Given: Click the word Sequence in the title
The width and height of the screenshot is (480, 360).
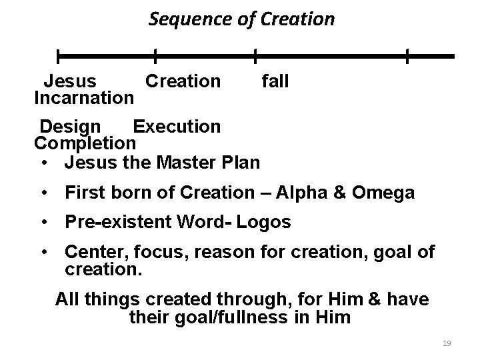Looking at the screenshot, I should [178, 19].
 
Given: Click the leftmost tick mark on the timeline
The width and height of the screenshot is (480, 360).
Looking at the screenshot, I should [58, 56].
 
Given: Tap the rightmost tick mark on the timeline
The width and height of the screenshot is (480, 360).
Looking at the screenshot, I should [407, 56].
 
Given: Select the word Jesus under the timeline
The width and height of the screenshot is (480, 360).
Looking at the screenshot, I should [70, 82].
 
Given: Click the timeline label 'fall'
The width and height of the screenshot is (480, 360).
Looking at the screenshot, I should [275, 82].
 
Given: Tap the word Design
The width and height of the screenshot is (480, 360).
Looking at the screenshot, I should [71, 126].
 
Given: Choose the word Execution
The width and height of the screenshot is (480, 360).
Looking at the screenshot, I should [177, 126].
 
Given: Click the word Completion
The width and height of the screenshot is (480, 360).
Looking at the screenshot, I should [85, 143].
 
